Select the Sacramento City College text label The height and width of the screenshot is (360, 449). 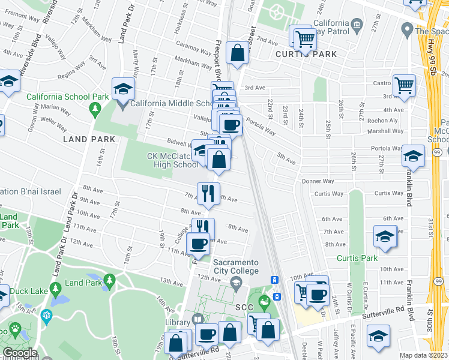pyautogui.click(x=236, y=267)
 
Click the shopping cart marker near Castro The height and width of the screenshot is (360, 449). pyautogui.click(x=404, y=85)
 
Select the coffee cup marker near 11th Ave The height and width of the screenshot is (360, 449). pyautogui.click(x=198, y=244)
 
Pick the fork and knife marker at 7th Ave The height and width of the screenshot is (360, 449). pyautogui.click(x=208, y=193)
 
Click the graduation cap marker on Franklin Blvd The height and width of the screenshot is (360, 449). pyautogui.click(x=413, y=156)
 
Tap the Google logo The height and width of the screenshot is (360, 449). pyautogui.click(x=20, y=353)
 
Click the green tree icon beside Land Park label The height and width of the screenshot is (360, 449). pyautogui.click(x=109, y=280)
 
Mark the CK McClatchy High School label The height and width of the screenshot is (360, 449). pyautogui.click(x=172, y=160)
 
